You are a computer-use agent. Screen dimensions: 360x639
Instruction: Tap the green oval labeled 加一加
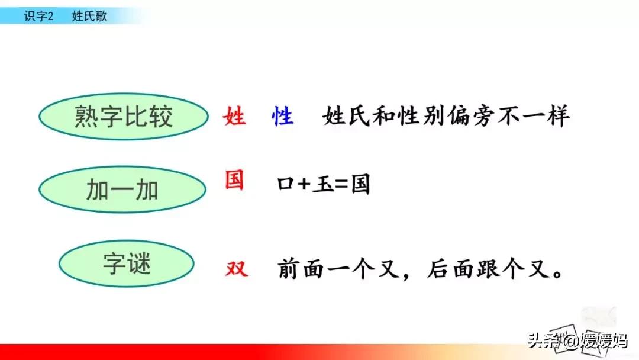(122, 189)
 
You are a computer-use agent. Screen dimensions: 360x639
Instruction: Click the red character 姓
(234, 117)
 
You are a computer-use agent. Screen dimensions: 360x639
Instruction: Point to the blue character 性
(282, 117)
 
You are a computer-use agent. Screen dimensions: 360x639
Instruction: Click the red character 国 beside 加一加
(234, 179)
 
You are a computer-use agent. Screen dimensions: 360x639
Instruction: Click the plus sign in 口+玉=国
(304, 185)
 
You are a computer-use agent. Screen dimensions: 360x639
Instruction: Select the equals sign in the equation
(341, 185)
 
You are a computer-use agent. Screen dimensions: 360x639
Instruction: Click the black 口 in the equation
(285, 185)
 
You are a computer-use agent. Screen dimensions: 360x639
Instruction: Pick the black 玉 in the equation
(322, 185)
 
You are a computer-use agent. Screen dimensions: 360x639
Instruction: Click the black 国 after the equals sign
(360, 185)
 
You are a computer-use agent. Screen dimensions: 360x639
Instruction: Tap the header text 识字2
(38, 16)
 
